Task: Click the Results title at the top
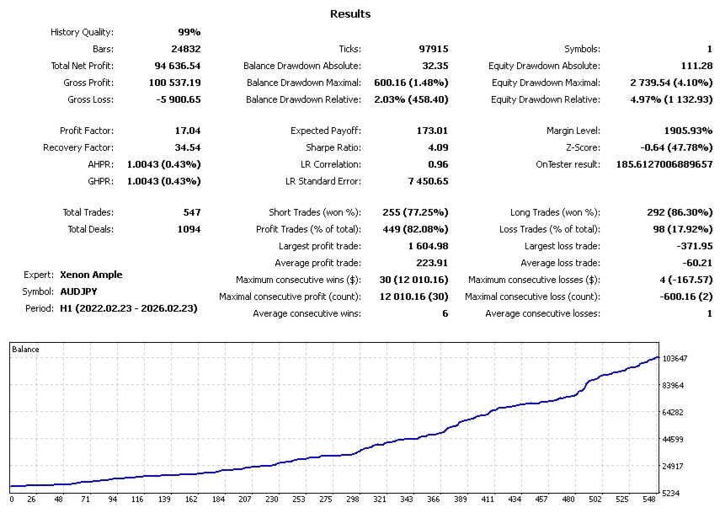tap(350, 13)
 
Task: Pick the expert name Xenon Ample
tap(91, 275)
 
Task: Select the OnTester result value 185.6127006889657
tap(664, 164)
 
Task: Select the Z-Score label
tap(581, 147)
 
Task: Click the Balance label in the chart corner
tap(26, 349)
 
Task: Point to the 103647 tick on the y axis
tap(675, 359)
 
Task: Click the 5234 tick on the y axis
tap(670, 494)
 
